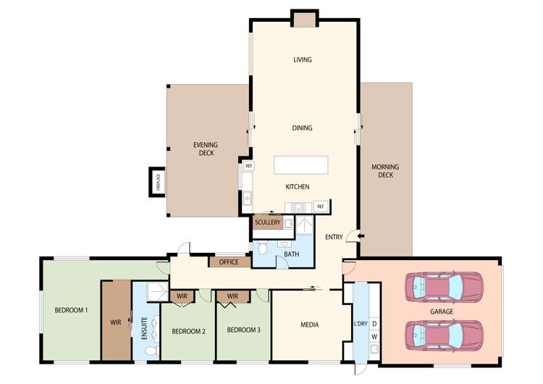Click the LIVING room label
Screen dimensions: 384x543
(303, 59)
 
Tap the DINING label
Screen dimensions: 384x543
(303, 128)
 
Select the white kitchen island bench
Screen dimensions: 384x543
(300, 164)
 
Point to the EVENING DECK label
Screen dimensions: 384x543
(205, 149)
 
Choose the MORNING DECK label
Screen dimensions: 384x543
(385, 171)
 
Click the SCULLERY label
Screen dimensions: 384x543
(267, 222)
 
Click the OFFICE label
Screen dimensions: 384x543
(229, 262)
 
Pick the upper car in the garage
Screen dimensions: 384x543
(443, 287)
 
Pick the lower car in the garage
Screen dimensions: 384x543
(443, 335)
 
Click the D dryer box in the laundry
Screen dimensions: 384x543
(374, 324)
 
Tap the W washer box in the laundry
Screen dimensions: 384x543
(374, 337)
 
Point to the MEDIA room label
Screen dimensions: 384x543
(309, 325)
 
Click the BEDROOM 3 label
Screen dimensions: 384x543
(243, 330)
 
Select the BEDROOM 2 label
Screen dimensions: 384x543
(188, 331)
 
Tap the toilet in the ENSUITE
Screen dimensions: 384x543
(151, 351)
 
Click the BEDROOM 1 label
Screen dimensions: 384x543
(71, 310)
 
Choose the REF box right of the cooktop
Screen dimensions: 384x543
(319, 206)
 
